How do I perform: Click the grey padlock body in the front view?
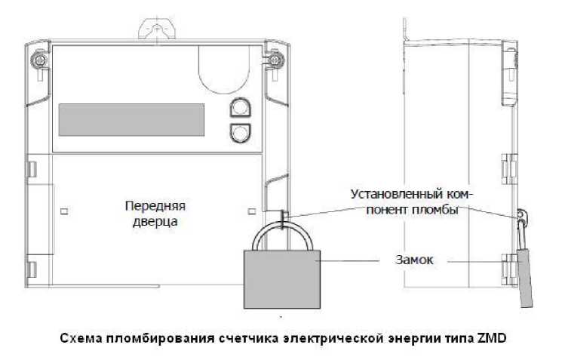282,279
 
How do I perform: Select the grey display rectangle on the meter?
131,120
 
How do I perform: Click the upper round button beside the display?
240,107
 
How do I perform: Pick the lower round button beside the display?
240,134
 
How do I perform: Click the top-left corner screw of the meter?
38,59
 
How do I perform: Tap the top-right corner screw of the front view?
275,59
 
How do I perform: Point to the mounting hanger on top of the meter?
157,29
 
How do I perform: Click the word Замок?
414,260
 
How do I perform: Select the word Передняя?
155,206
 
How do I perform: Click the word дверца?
155,221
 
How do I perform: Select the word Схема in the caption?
80,338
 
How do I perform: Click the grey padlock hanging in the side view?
525,278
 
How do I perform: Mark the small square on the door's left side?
64,211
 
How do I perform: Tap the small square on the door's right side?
252,211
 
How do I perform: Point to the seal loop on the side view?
522,216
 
